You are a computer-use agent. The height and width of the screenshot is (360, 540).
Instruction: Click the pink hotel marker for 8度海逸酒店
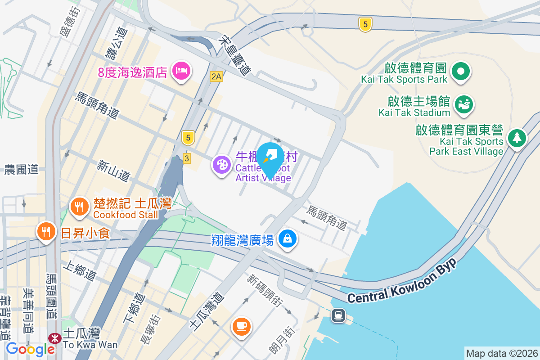[x=182, y=71]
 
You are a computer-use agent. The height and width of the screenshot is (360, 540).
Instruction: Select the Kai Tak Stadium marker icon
[x=463, y=104]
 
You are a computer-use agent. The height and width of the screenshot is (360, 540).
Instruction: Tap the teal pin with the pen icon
[x=270, y=157]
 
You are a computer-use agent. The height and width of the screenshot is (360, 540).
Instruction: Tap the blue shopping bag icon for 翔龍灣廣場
[x=287, y=237]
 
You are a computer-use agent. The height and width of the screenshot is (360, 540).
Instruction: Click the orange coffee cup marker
[x=241, y=325]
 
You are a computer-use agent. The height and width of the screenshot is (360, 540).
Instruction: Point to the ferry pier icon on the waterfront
[x=338, y=315]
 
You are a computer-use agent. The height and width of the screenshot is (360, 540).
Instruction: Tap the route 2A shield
[x=216, y=76]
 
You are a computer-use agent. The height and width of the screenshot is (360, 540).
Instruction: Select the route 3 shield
[x=186, y=158]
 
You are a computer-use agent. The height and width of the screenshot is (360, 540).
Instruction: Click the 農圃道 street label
[x=22, y=170]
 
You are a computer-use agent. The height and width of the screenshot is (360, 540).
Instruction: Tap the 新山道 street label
[x=114, y=171]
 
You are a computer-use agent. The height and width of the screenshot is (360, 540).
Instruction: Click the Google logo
[x=30, y=348]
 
